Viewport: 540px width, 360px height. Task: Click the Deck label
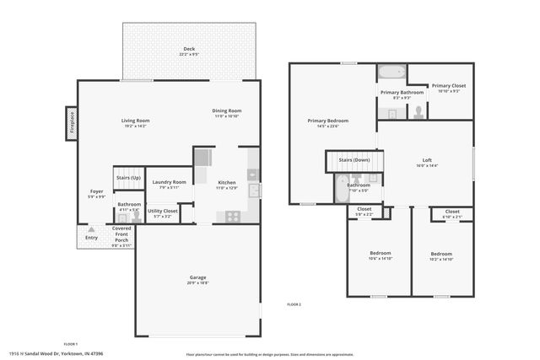(x=189, y=50)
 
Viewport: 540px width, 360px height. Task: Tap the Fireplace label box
(x=72, y=124)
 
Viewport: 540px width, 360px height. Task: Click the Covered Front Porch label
(x=121, y=236)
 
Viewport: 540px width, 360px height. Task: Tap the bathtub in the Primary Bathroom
(x=391, y=73)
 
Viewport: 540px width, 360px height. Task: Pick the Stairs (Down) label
(x=354, y=159)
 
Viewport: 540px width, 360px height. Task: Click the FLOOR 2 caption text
(x=294, y=304)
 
